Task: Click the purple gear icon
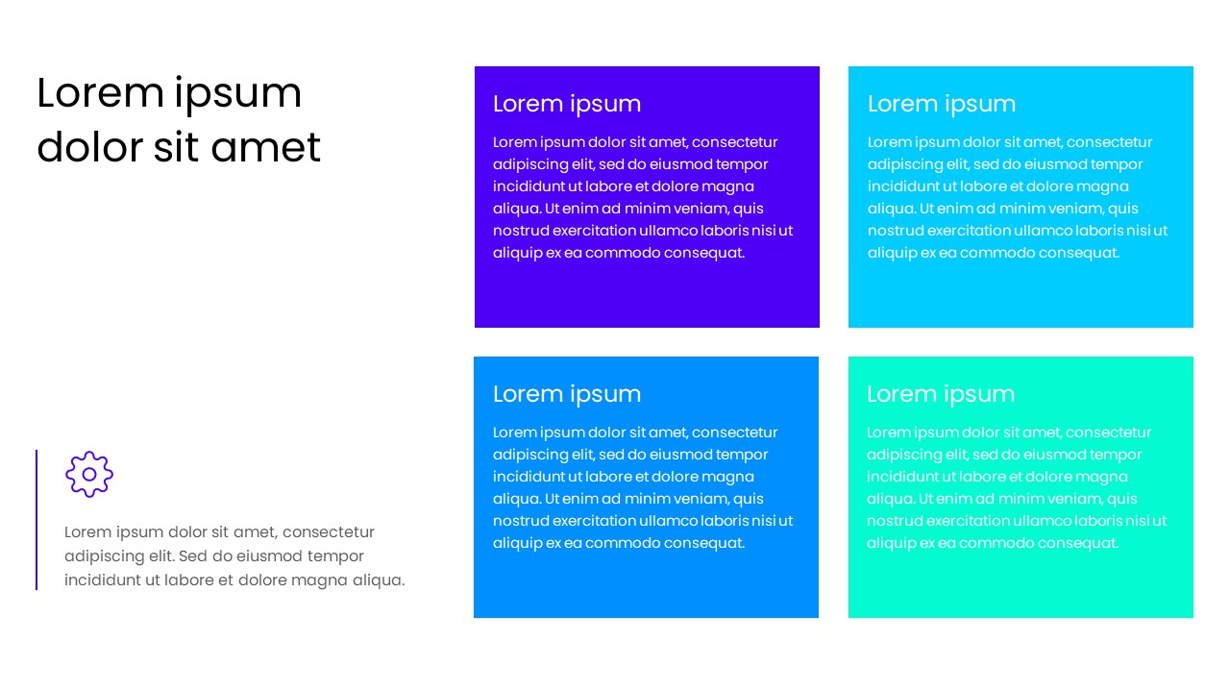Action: click(89, 474)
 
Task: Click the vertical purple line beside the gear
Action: click(37, 519)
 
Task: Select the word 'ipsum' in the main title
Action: click(237, 94)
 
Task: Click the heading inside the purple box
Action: click(567, 104)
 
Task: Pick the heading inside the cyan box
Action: click(942, 104)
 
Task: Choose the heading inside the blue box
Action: click(567, 394)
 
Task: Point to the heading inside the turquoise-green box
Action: click(941, 394)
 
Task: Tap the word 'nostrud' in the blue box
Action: click(519, 521)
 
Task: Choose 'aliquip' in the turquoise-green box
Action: click(892, 543)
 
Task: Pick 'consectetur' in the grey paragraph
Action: click(329, 532)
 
